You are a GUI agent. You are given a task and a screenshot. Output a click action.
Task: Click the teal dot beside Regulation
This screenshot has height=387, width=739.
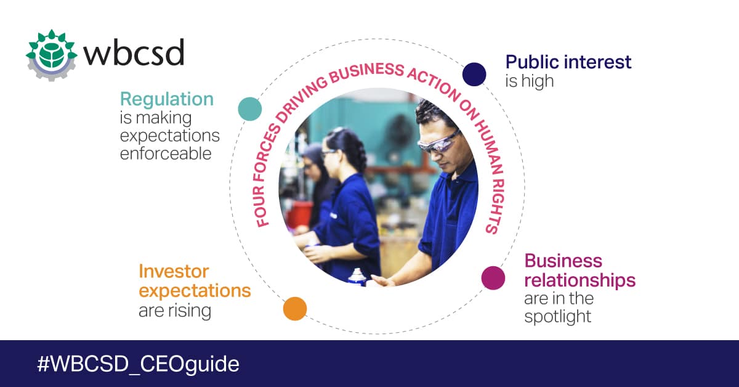tap(250, 108)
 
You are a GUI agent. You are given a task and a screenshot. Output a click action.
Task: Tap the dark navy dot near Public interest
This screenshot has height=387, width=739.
tap(474, 75)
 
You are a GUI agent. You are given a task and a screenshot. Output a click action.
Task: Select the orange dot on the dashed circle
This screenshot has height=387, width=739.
tap(295, 309)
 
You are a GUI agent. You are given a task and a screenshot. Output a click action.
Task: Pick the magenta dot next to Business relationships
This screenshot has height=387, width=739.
tap(493, 278)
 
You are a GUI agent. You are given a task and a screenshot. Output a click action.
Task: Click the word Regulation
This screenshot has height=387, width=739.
tap(167, 99)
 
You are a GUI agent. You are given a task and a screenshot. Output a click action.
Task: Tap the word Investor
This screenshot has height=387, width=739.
tap(174, 271)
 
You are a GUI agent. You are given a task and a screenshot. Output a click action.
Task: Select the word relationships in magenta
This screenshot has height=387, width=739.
tap(579, 280)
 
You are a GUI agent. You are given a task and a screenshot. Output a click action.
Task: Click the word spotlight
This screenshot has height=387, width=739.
tap(557, 317)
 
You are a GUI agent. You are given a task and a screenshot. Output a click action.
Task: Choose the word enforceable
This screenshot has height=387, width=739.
tap(166, 153)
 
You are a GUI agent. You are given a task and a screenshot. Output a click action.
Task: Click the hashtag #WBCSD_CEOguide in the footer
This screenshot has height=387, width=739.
tap(138, 364)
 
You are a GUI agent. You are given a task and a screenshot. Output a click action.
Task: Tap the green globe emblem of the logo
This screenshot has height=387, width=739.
tap(52, 55)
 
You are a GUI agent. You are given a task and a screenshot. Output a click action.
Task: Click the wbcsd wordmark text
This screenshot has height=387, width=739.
tap(134, 52)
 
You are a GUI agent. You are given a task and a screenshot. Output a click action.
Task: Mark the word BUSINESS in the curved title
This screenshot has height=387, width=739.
tap(366, 71)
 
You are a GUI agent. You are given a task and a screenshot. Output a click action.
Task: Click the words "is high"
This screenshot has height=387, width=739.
tap(529, 81)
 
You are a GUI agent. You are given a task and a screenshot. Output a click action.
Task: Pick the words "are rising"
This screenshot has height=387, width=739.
tap(175, 311)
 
